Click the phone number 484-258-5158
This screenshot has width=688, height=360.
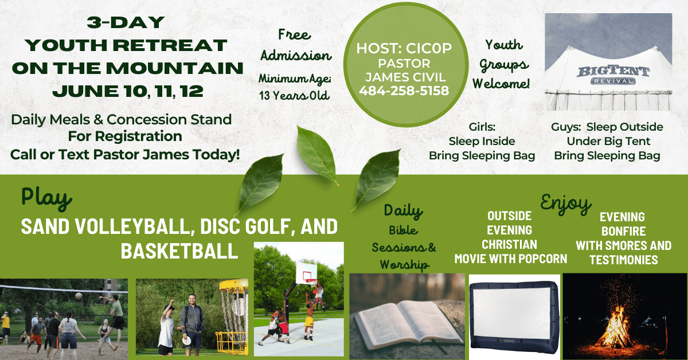pos(404,91)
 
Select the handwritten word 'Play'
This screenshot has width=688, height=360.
pos(46,197)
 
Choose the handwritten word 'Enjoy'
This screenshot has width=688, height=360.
pos(566,203)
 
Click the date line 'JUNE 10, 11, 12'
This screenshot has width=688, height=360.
pos(126,91)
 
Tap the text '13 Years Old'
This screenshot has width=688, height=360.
pos(294,96)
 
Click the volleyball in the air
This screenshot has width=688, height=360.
pos(79,296)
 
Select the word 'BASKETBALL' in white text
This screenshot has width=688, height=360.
pos(179,250)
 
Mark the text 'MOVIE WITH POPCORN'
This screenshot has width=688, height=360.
pos(511,259)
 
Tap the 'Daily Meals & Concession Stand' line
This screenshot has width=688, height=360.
pos(121,120)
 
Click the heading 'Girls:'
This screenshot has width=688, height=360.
pos(482,127)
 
